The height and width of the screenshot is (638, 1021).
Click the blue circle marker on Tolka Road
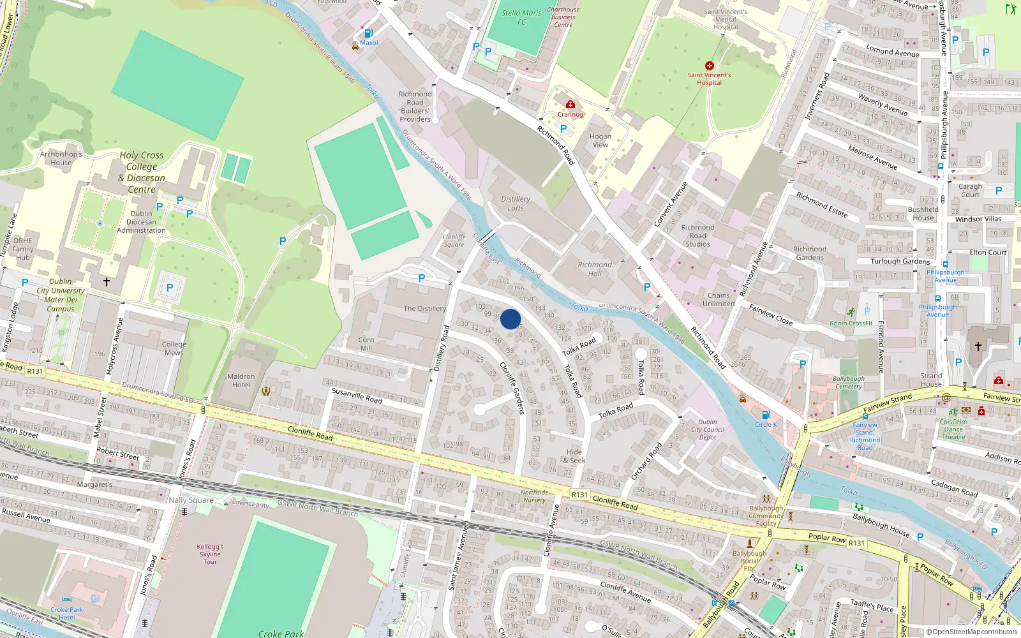point(511,319)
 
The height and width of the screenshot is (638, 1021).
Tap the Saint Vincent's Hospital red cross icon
point(709,66)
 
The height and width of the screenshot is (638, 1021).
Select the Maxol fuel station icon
point(368,34)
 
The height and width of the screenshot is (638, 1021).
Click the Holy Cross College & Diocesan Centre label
point(142,172)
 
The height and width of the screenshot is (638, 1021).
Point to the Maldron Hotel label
point(241,381)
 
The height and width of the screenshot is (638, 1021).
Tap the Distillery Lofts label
point(516,204)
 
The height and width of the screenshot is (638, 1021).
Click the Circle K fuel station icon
point(766,415)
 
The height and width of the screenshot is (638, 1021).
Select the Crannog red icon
point(570,105)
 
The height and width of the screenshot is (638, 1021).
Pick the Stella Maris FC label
point(521,17)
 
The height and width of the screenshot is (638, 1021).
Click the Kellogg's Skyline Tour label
point(210,554)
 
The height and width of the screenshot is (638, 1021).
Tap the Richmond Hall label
point(594,269)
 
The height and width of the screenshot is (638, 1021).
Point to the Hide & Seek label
point(574,456)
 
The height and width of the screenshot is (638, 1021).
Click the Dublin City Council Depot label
point(708,429)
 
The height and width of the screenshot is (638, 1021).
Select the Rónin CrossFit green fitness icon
point(851,313)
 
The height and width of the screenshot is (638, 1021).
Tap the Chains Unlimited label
point(719,300)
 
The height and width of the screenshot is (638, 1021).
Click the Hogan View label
point(600,140)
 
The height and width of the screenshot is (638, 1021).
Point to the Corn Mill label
point(366,344)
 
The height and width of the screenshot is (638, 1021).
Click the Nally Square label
point(191,500)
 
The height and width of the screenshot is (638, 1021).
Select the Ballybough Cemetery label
point(849,382)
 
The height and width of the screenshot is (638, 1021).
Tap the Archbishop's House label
point(61,158)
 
